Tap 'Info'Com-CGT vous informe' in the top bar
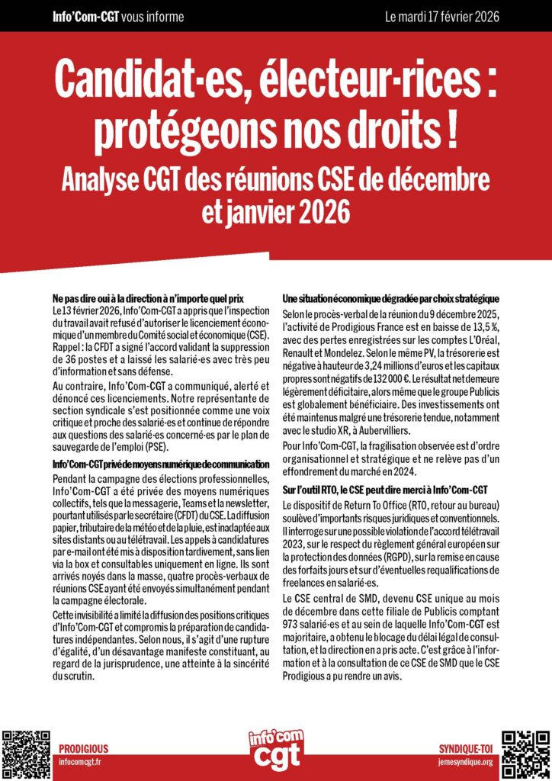pos(118,16)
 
